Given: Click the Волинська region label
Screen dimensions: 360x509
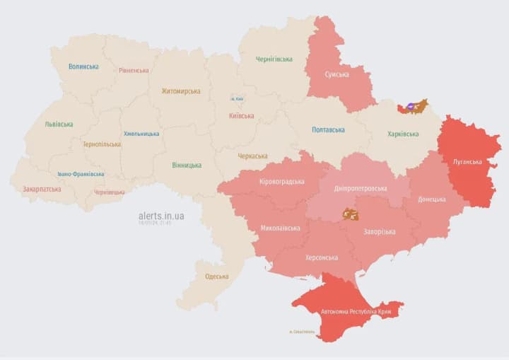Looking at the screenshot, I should (x=83, y=66).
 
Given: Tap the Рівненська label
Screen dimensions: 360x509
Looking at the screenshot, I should (x=134, y=70).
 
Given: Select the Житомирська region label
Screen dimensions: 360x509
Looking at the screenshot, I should (x=180, y=91).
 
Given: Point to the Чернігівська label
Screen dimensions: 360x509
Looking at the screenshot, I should (x=274, y=59).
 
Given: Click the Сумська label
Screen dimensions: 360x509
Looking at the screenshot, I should (x=337, y=74).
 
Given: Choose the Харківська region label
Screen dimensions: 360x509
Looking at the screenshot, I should (x=403, y=134).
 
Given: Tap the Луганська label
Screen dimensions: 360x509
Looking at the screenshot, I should (x=467, y=161).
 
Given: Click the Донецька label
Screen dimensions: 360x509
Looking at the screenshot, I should (x=432, y=199).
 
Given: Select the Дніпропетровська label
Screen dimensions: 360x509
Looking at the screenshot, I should (x=361, y=189).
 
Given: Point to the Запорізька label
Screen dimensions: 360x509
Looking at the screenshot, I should (x=379, y=231).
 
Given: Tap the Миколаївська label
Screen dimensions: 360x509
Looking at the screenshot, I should (x=280, y=228).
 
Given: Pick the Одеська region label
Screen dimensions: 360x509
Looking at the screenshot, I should (x=216, y=276).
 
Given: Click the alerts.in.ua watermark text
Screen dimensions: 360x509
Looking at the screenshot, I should (x=161, y=215).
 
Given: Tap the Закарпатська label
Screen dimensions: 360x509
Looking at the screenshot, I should (x=42, y=189).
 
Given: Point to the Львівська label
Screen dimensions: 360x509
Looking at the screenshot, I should (x=59, y=124).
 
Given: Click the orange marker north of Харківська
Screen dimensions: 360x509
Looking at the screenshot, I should (x=416, y=107).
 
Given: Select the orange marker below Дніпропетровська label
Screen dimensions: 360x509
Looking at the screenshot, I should (x=350, y=213).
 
